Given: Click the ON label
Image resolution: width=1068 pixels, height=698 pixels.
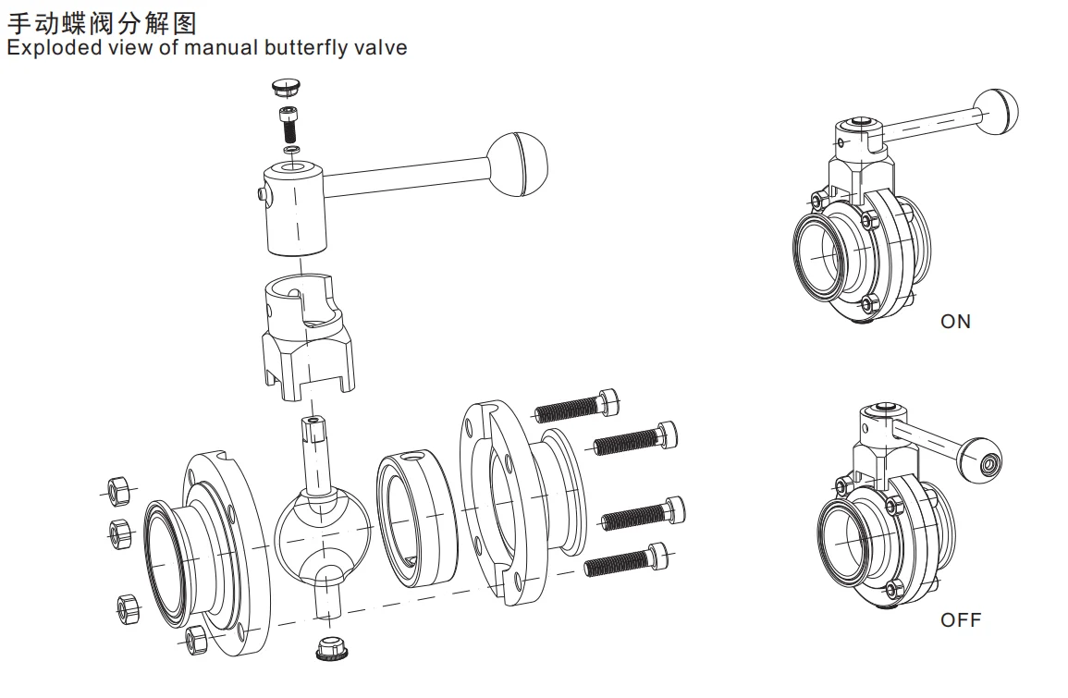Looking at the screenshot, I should [955, 322].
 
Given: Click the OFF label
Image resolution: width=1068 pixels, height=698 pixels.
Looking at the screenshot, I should [960, 619].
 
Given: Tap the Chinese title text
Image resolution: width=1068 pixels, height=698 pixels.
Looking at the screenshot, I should [102, 20].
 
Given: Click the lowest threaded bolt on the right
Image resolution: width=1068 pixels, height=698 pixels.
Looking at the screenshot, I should [629, 560].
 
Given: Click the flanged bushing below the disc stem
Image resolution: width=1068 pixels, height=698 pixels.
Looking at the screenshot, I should [330, 647].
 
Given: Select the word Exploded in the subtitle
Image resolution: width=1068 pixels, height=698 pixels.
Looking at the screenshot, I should [47, 47].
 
